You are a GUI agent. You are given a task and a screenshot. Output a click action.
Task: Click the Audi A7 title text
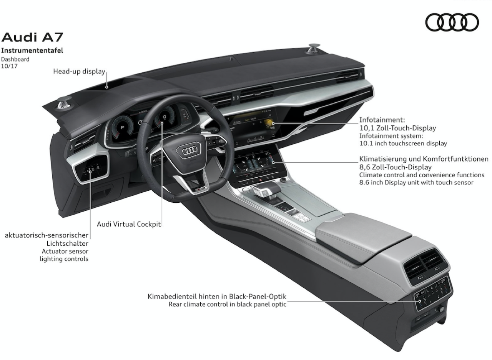click(x=32, y=37)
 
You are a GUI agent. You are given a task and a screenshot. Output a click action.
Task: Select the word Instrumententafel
click(x=32, y=50)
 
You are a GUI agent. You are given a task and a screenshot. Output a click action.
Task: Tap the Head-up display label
click(x=79, y=71)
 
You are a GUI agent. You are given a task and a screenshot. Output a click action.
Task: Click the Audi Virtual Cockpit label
click(x=128, y=224)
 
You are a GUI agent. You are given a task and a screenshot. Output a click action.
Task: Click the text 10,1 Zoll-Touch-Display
click(x=397, y=128)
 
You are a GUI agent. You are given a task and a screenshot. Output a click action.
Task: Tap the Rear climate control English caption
click(x=227, y=304)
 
